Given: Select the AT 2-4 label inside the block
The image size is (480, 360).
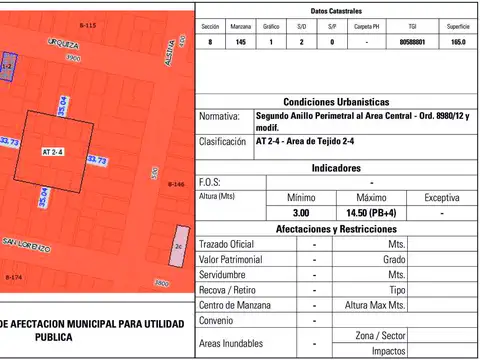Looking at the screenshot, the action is (53, 151).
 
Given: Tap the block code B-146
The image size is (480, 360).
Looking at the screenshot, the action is (176, 185).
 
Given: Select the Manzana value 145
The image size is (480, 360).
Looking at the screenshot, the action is (240, 41).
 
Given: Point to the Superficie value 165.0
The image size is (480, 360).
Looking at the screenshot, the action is (458, 41).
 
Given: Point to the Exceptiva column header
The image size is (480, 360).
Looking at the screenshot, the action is (442, 197).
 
